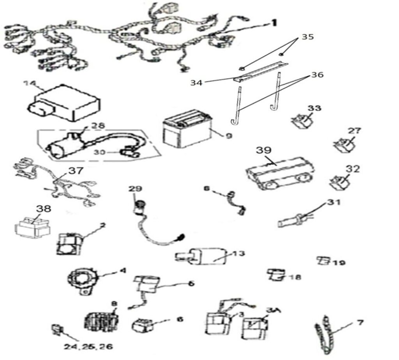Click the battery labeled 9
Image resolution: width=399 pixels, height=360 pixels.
pos(185,131)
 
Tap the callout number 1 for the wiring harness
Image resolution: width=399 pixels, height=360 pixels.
pos(274,23)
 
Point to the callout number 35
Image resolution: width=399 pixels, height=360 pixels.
pos(307,38)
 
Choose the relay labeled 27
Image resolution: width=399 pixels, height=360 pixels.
pos(344,145)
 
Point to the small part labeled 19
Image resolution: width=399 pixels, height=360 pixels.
pos(323,260)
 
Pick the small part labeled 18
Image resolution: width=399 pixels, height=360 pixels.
pos(275,275)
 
